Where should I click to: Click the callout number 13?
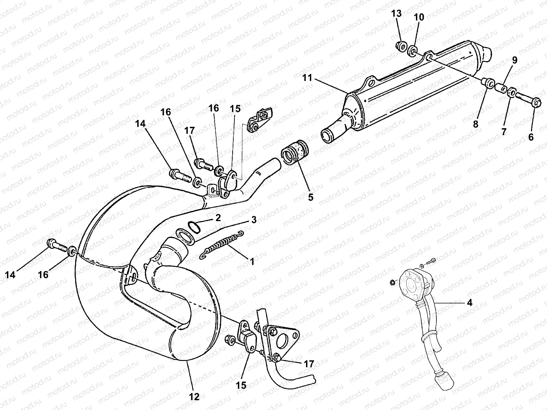(396, 14)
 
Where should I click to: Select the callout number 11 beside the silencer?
(307, 78)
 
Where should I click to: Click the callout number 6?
(531, 137)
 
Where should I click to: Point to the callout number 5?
(311, 197)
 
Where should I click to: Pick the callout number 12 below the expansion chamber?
(194, 396)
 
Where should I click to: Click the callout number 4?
(469, 303)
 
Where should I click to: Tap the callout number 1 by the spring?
(252, 261)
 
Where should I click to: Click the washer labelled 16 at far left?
(72, 251)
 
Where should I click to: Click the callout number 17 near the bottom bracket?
(309, 364)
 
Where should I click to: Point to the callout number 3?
(254, 220)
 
